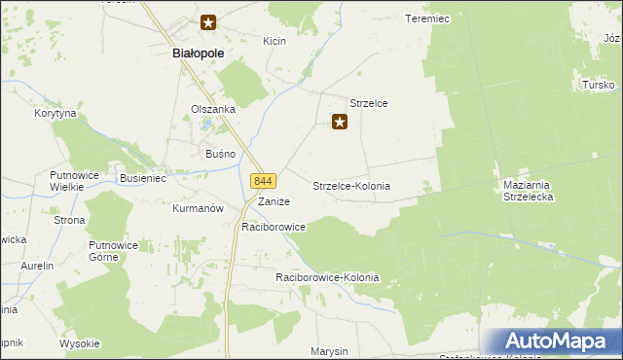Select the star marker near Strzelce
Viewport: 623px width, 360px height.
point(340,122)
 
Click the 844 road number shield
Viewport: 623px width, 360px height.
point(264,181)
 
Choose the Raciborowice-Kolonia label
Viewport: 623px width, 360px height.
point(327,277)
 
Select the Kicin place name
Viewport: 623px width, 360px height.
point(274,41)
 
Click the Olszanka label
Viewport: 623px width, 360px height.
point(213,109)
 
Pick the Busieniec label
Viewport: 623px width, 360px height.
point(143,179)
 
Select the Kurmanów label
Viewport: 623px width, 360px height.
point(198,208)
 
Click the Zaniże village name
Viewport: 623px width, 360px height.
point(273,201)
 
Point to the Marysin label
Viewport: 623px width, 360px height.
point(329,350)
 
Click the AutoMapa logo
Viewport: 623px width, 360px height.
point(556,342)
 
